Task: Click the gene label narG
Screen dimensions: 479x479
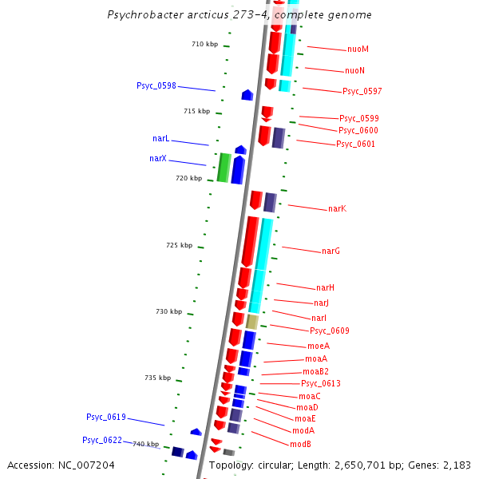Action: pos(331,251)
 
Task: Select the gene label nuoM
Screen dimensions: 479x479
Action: pos(358,49)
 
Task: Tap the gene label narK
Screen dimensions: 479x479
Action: pos(337,209)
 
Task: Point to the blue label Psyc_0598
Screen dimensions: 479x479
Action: pos(156,85)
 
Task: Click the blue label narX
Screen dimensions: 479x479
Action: pos(158,158)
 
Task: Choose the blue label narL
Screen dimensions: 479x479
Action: pos(160,139)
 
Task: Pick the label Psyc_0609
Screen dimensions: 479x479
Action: pos(330,331)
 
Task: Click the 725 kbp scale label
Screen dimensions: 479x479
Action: pos(179,245)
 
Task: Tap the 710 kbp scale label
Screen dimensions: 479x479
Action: pos(204,45)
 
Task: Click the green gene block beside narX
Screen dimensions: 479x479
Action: pos(224,168)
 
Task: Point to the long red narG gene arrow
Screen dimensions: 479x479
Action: pos(250,241)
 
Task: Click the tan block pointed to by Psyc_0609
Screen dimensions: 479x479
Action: pos(252,322)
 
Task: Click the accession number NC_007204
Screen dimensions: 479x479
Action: pos(61,465)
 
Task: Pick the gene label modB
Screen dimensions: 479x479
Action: pos(300,444)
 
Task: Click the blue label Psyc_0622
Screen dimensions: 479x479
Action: pos(102,440)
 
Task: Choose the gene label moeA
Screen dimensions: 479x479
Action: pos(319,346)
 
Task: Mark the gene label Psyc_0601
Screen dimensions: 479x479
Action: pos(355,144)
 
